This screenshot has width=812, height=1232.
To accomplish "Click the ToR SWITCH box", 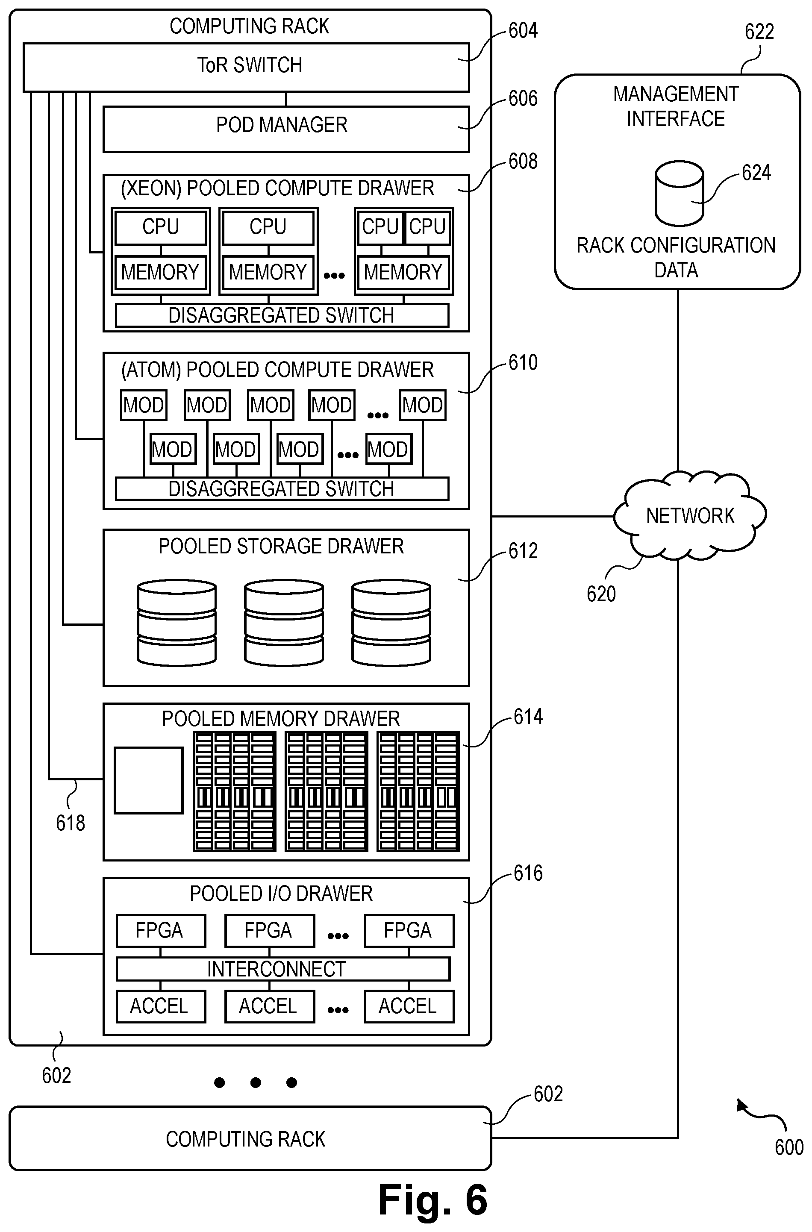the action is tap(246, 68).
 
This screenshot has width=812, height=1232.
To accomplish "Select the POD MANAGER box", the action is tap(286, 129).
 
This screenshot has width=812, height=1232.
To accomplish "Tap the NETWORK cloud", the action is tap(690, 516).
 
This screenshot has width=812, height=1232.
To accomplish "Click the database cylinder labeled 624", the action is tap(679, 193).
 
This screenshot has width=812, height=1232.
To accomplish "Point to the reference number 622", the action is tap(759, 32).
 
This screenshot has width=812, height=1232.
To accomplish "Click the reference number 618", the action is tap(71, 823).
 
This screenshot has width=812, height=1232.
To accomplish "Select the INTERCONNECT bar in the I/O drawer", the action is tap(283, 969).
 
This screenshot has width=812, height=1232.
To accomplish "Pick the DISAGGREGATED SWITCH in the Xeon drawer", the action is tap(282, 315).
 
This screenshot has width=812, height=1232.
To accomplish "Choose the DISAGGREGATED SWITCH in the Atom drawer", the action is tap(282, 489).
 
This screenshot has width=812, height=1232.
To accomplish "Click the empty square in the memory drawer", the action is tap(149, 780).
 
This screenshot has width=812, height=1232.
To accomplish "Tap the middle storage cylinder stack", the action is tap(284, 623).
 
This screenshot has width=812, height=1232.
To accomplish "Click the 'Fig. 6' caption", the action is tap(433, 1200).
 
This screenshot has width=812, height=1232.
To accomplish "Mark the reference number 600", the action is tap(788, 1147).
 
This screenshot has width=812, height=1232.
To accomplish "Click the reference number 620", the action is tap(601, 594).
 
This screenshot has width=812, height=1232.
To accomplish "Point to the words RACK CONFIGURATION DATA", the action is tap(676, 257).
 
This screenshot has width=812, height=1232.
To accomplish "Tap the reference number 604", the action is tap(523, 30).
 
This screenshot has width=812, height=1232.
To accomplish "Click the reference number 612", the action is tap(523, 551).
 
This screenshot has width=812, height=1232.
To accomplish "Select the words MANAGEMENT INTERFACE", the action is tap(676, 106).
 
